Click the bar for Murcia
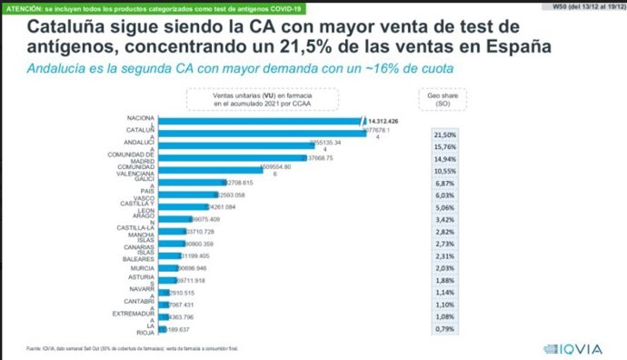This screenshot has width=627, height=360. (169, 269)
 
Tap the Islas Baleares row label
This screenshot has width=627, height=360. (137, 255)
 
